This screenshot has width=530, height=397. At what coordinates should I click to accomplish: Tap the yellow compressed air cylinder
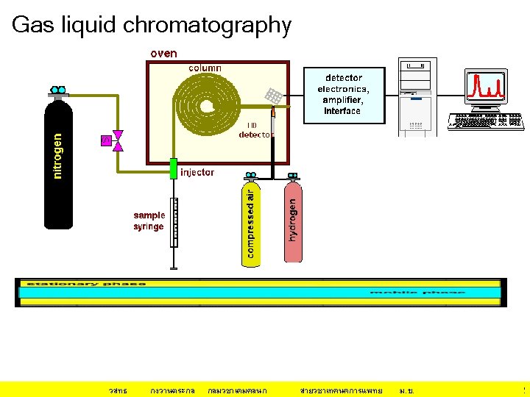(x=251, y=224)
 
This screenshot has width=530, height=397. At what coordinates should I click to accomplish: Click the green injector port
(x=174, y=168)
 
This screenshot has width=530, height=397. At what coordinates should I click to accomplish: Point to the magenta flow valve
(x=117, y=141)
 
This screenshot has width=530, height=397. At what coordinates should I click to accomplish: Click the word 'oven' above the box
(x=163, y=54)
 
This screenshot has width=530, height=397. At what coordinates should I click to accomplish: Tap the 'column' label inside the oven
(x=205, y=68)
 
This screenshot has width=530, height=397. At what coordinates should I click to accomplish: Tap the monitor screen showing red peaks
(x=486, y=87)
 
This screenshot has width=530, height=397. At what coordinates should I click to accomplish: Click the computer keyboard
(x=486, y=121)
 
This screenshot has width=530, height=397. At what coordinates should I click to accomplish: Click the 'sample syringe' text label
(x=149, y=221)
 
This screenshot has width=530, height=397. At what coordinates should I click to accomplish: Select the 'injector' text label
(x=197, y=172)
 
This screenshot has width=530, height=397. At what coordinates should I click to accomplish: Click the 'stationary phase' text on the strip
(x=86, y=284)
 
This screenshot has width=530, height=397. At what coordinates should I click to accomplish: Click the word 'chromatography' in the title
(x=208, y=25)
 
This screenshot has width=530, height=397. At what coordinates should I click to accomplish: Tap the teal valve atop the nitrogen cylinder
(x=58, y=90)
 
